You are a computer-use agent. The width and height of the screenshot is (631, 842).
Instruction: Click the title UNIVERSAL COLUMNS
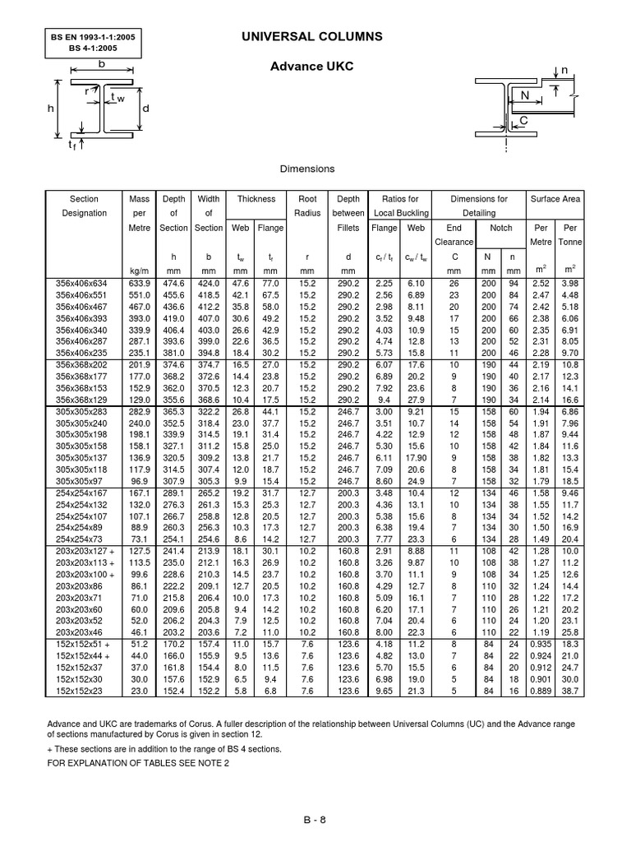pyautogui.click(x=311, y=37)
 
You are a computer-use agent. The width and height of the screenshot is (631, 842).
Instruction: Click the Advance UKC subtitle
pyautogui.click(x=311, y=66)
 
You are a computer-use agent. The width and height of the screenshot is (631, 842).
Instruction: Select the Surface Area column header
pyautogui.click(x=555, y=199)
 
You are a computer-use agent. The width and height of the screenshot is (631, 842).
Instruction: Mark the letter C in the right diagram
pyautogui.click(x=521, y=121)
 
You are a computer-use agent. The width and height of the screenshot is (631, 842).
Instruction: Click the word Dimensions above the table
pyautogui.click(x=307, y=169)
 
